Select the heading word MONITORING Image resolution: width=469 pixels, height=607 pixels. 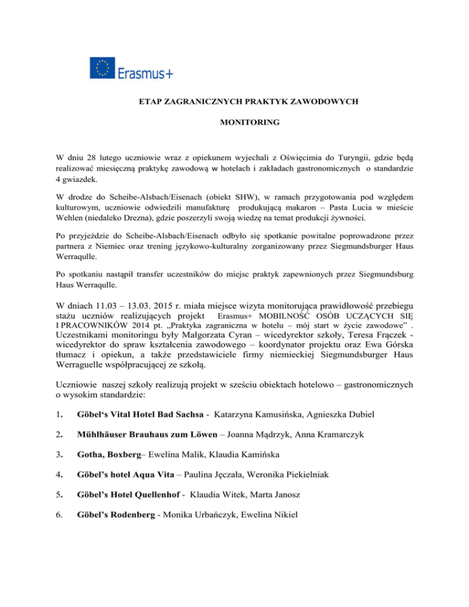click(x=249, y=123)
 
